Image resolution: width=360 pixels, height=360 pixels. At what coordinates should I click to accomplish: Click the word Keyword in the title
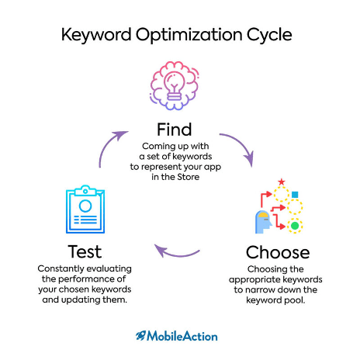96,35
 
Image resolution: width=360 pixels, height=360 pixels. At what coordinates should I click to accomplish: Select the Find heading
175,130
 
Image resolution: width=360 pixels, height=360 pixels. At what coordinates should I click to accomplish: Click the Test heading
85,251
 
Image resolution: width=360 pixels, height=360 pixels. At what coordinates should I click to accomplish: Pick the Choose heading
278,252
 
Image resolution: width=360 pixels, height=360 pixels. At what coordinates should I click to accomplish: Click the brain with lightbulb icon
175,86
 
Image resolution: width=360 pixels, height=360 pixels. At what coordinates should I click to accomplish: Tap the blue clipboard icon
85,209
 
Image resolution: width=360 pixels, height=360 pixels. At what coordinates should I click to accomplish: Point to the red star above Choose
282,182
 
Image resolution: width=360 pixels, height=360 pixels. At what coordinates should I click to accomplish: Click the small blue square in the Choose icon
295,194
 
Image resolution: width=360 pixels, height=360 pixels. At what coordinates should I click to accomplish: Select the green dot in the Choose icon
295,226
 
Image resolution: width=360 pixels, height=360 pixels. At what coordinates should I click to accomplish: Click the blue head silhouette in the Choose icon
263,222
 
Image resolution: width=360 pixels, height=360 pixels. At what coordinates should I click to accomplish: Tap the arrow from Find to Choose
241,144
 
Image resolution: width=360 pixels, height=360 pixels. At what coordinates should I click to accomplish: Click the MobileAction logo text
182,336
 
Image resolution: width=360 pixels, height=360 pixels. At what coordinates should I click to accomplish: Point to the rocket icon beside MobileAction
141,335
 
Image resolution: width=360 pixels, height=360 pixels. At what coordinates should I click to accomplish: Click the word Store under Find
189,177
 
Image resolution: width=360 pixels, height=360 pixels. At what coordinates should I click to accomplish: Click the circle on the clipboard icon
85,206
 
